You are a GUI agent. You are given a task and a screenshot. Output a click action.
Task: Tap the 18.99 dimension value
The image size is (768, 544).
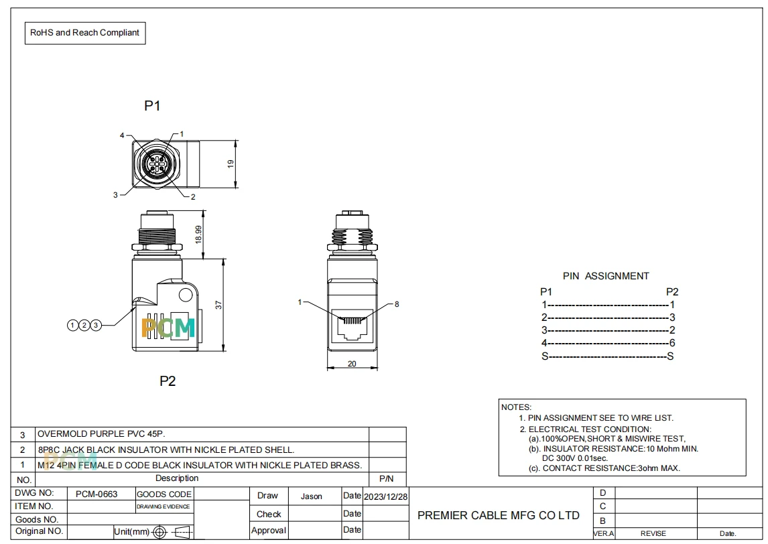pyautogui.click(x=198, y=234)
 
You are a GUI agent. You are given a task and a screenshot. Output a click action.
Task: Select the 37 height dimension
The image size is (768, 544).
pyautogui.click(x=218, y=305)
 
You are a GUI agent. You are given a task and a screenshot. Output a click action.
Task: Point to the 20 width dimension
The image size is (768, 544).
pyautogui.click(x=352, y=364)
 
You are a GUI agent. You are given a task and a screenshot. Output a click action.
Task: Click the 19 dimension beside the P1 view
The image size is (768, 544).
pyautogui.click(x=231, y=164)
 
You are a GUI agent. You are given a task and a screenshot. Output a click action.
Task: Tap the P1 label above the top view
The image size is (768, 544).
pyautogui.click(x=152, y=106)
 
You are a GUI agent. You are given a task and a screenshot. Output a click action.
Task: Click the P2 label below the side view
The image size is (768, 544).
pyautogui.click(x=168, y=381)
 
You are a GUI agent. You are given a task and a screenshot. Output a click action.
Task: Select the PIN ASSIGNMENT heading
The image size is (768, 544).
pyautogui.click(x=606, y=276)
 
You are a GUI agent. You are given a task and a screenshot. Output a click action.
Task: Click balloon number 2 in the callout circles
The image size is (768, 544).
pyautogui.click(x=84, y=325)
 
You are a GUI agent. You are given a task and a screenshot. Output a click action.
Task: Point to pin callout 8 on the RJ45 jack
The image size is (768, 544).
pyautogui.click(x=397, y=304)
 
